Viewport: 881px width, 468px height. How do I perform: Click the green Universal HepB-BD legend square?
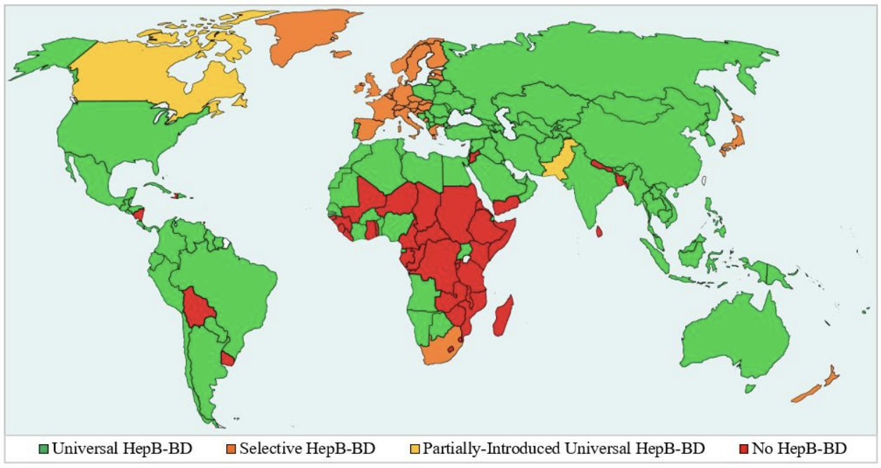point(44,448)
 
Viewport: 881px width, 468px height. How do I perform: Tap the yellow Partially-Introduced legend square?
point(415,448)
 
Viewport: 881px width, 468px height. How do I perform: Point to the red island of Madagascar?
point(504,316)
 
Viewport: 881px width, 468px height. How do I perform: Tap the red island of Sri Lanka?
point(599,231)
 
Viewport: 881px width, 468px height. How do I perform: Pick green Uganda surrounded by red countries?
point(465,252)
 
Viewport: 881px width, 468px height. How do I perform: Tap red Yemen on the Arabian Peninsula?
point(504,204)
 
